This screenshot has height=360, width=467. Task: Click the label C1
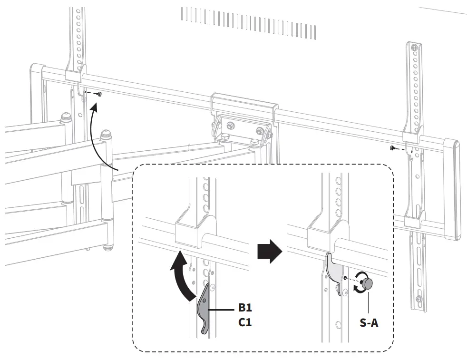(245, 322)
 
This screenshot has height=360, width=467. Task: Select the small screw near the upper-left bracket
(100, 94)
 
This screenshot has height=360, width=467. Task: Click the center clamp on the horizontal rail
(243, 102)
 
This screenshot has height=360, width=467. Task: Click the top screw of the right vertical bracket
(415, 49)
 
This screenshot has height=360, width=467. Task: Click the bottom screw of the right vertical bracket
(418, 299)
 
